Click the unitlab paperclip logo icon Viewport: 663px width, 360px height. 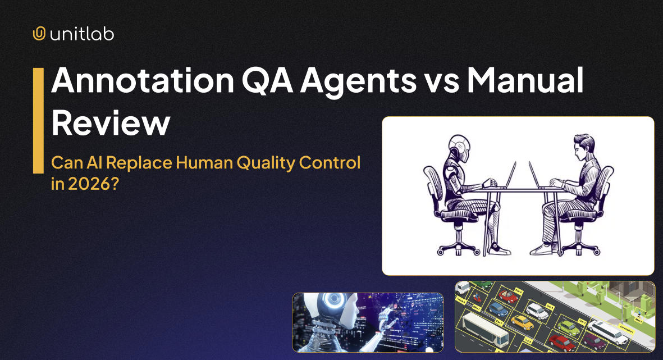pyautogui.click(x=39, y=34)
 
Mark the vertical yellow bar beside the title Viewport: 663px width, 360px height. pyautogui.click(x=38, y=120)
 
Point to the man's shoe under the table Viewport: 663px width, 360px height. pyautogui.click(x=540, y=249)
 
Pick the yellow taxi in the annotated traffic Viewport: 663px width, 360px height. pyautogui.click(x=522, y=322)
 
